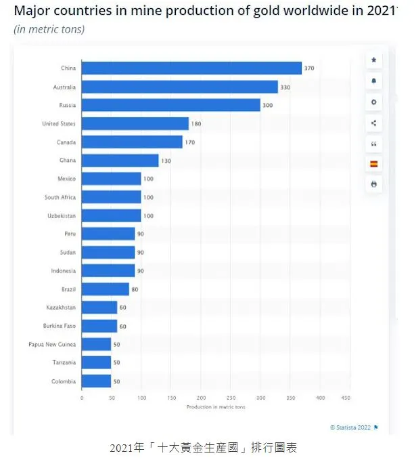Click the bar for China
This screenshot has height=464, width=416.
click(x=191, y=68)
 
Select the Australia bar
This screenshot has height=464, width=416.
click(x=179, y=87)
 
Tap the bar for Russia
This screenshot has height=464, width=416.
click(x=170, y=105)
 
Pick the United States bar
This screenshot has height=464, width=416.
click(x=135, y=124)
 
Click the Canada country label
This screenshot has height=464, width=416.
click(x=66, y=142)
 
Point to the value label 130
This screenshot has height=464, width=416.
click(x=166, y=161)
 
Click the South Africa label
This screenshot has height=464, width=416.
click(x=60, y=197)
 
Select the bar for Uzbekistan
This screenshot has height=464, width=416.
click(x=111, y=215)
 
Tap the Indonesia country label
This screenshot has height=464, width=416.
click(x=63, y=271)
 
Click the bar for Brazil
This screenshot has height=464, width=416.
click(x=105, y=289)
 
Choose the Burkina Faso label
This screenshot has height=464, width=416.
click(x=61, y=326)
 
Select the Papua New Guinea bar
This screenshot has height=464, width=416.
click(x=96, y=344)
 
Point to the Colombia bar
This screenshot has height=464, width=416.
click(x=96, y=381)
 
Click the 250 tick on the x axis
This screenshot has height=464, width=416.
click(x=231, y=398)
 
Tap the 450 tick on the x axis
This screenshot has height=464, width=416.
click(x=346, y=398)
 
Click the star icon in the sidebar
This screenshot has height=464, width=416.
click(x=373, y=60)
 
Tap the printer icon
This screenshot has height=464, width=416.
click(x=373, y=184)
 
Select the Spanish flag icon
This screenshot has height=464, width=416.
click(x=373, y=164)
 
